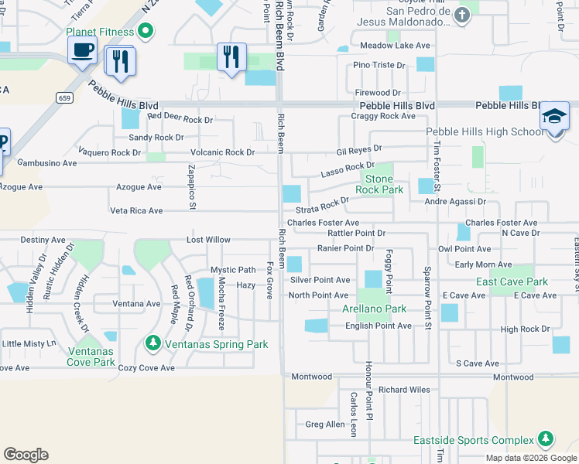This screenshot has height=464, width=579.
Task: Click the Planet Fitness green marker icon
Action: click(x=145, y=32)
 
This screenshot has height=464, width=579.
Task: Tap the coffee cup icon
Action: click(x=82, y=51)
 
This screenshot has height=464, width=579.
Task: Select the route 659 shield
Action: click(x=64, y=97)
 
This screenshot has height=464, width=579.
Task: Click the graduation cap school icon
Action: click(x=554, y=116)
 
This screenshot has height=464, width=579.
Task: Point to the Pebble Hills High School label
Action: click(x=485, y=132)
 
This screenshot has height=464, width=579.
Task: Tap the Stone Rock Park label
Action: click(x=379, y=184)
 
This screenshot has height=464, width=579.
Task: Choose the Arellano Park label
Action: click(x=374, y=309)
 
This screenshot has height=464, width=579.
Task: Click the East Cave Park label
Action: click(x=512, y=282)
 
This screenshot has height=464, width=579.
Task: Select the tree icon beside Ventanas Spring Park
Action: click(x=153, y=343)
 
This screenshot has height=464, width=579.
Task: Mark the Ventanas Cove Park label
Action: click(x=90, y=357)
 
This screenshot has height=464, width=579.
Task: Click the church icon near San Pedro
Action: click(x=462, y=15)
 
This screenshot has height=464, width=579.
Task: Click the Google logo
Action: click(x=26, y=455)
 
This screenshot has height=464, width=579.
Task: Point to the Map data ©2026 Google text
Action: click(x=531, y=458)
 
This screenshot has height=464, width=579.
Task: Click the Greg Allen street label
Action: click(x=325, y=425)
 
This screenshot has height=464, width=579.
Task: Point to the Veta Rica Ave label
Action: click(x=136, y=210)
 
